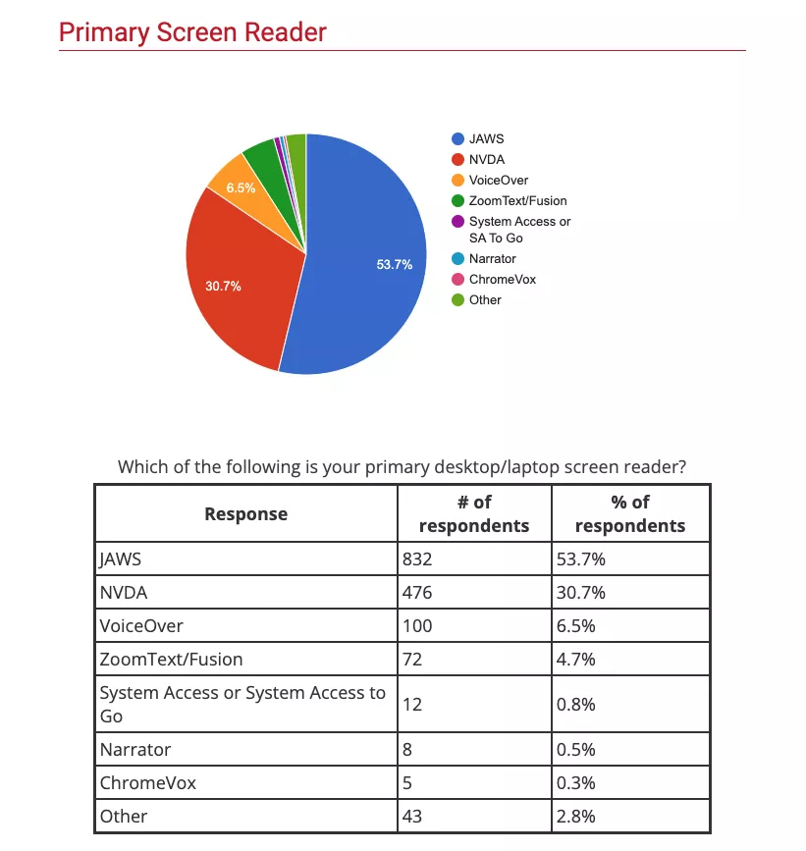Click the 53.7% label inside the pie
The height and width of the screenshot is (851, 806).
[x=395, y=265]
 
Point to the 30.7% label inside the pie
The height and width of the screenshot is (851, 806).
[x=223, y=287]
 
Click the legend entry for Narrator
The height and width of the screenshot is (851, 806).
[x=492, y=259]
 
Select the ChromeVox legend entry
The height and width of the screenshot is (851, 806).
[x=502, y=280]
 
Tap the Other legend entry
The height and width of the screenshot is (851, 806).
[x=485, y=300]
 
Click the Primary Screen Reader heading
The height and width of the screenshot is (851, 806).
[x=192, y=32]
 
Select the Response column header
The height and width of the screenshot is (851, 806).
[x=245, y=513]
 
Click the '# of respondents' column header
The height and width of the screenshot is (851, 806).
[x=473, y=513]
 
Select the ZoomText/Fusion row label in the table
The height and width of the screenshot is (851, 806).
[x=171, y=659]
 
